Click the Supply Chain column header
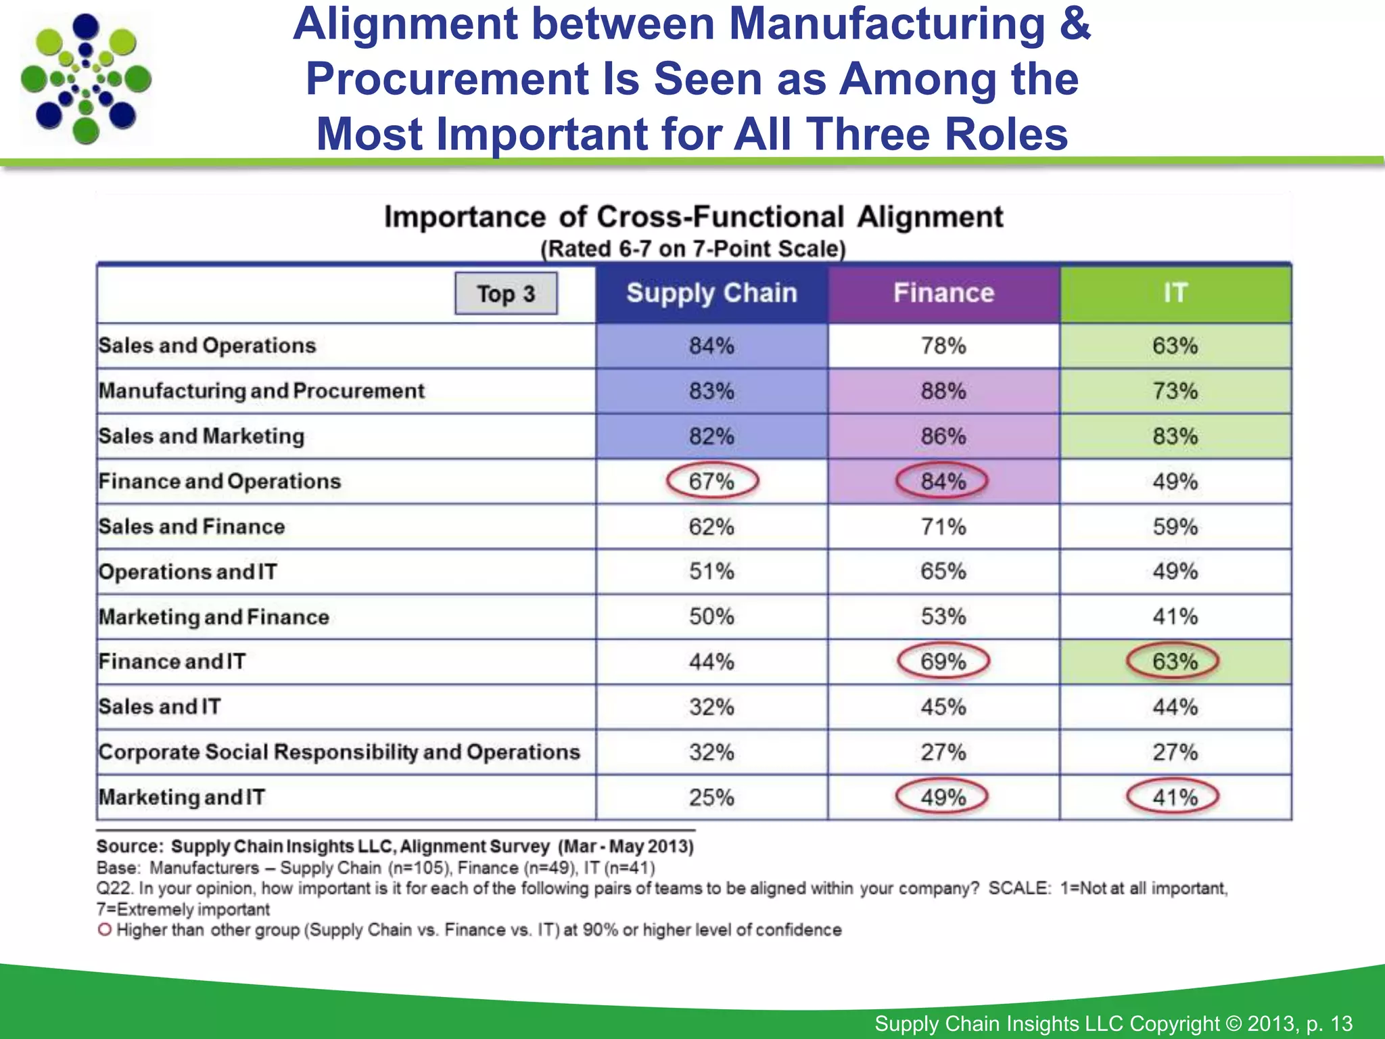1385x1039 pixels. coord(711,294)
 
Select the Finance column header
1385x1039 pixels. coord(943,294)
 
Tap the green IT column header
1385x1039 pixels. coord(1175,294)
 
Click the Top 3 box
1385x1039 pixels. coord(506,294)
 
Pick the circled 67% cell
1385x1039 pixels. coord(712,481)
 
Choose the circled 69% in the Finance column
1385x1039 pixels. coord(943,662)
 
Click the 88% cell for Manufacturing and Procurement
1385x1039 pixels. coord(943,391)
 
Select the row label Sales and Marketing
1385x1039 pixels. coord(202,436)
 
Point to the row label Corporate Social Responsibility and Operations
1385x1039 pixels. coord(339,752)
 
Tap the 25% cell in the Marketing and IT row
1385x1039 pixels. coord(711,798)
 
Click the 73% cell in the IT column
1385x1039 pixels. coord(1175,391)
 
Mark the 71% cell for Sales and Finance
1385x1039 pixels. coord(943,526)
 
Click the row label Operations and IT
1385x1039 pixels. coord(187,572)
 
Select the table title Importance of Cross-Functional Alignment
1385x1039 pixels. coord(693,217)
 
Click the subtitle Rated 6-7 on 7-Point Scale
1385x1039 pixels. coord(693,249)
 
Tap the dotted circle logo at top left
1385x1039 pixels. coord(86,79)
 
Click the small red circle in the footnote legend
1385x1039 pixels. coord(104,929)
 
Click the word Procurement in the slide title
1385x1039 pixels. coord(447,78)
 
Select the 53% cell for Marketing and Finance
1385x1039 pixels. coord(943,617)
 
